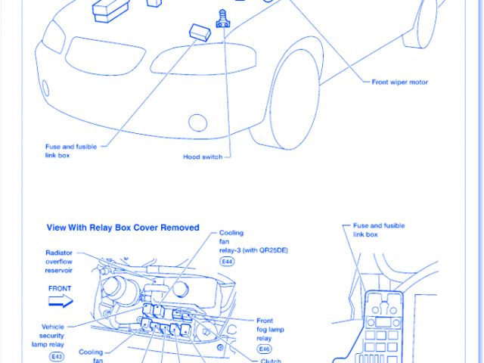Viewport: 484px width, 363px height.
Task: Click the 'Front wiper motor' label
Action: tap(399, 81)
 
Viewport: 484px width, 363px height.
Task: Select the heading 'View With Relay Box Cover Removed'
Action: tap(123, 227)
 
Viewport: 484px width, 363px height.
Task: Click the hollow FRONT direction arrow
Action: tap(59, 301)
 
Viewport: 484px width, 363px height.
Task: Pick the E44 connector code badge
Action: tap(227, 261)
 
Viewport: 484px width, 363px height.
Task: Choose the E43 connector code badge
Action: tap(57, 355)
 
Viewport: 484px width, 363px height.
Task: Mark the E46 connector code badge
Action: tap(264, 349)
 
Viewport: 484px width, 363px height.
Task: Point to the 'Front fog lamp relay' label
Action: tap(271, 329)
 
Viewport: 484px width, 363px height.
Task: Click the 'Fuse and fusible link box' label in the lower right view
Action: tap(378, 230)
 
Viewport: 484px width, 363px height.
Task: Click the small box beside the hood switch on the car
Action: tap(199, 32)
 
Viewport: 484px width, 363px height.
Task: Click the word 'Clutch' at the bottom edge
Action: tap(271, 360)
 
